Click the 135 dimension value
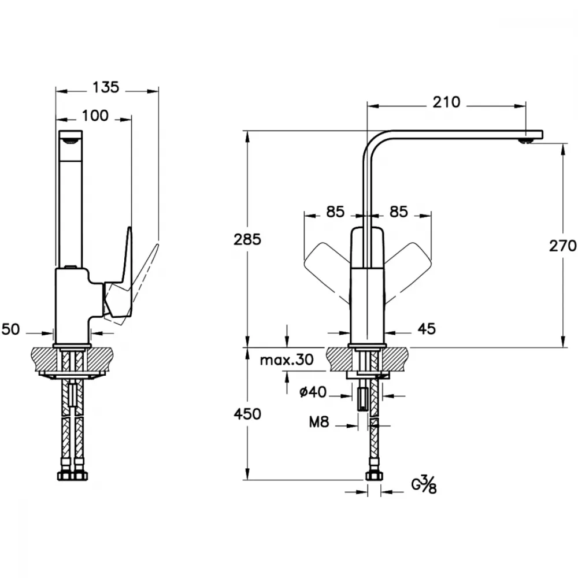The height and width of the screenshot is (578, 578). [106, 87]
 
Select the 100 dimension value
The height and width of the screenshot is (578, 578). [95, 116]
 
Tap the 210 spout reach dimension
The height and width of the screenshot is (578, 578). [446, 102]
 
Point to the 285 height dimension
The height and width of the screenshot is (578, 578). [247, 240]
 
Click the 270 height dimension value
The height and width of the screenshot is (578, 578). [563, 246]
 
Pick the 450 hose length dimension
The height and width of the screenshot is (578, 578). [247, 414]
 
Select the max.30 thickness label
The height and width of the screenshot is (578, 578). [287, 360]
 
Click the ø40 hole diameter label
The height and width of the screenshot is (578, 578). [313, 392]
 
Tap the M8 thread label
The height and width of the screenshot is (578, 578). [319, 422]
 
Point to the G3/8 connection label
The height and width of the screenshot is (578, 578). [424, 485]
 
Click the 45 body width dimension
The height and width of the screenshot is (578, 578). [427, 328]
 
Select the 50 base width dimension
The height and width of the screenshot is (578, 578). [10, 329]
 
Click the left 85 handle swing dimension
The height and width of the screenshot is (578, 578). [335, 212]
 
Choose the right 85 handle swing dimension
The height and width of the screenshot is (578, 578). [399, 212]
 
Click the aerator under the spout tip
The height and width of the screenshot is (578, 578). [525, 140]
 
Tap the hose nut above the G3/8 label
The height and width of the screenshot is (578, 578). [375, 476]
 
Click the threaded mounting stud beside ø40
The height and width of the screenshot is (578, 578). [364, 398]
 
